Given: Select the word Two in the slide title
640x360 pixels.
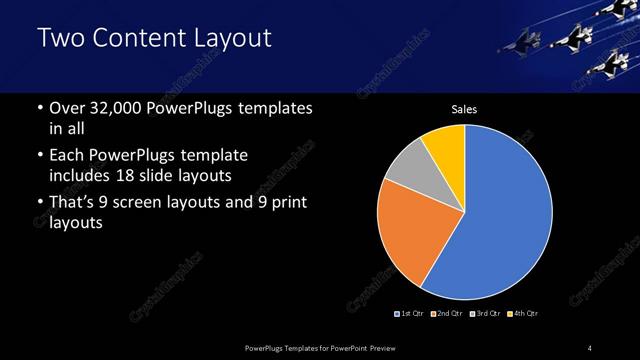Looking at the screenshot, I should click(x=57, y=39).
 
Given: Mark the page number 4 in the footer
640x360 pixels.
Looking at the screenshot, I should click(x=590, y=347).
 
